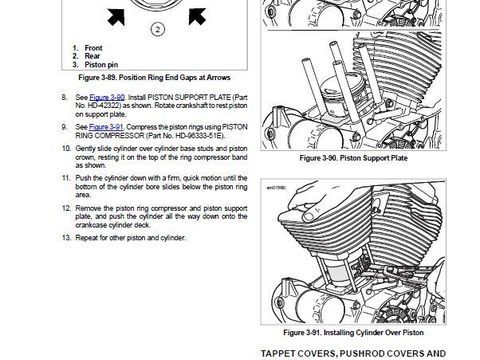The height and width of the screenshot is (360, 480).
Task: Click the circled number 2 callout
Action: (157, 29)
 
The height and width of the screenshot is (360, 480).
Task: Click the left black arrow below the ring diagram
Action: (116, 17)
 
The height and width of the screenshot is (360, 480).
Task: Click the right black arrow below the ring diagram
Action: (197, 16)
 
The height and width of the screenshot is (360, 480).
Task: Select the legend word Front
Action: (93, 48)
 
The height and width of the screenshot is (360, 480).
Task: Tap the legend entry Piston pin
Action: (101, 65)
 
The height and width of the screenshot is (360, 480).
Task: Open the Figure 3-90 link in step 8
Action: (107, 97)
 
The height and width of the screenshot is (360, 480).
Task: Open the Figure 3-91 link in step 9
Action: (106, 127)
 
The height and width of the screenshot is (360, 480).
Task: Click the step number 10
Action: (66, 148)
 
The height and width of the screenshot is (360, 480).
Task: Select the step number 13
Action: (66, 238)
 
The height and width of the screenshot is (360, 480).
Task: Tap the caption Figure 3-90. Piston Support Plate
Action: (353, 158)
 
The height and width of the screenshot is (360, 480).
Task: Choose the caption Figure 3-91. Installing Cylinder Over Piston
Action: (353, 332)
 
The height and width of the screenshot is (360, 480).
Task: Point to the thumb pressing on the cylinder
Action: (311, 215)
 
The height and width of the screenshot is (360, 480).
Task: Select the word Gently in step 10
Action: (85, 148)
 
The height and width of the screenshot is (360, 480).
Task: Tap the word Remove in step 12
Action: (87, 208)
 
